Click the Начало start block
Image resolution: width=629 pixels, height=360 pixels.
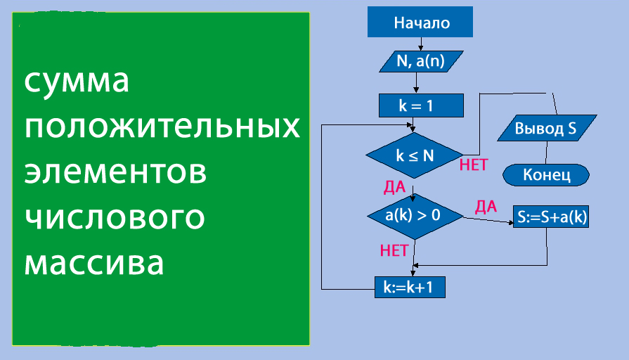click(420, 23)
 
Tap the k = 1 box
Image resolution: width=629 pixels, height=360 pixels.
click(420, 106)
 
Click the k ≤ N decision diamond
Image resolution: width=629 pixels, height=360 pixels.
click(414, 156)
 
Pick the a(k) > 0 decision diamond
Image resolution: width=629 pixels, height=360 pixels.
click(414, 215)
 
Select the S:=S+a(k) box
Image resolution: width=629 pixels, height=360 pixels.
click(551, 218)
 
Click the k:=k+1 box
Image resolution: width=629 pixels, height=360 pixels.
click(410, 287)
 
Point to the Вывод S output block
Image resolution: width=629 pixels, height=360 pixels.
click(546, 129)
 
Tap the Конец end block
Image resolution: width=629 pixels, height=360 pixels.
click(546, 174)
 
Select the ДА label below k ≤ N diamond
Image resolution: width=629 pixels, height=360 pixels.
click(394, 187)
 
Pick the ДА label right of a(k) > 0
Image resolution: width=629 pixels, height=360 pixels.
click(486, 207)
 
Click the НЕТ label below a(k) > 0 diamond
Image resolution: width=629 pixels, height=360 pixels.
click(394, 250)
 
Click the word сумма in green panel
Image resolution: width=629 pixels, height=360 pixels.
click(77, 82)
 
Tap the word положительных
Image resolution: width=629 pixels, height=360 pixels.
click(162, 127)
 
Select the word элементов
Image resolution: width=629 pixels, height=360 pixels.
click(116, 173)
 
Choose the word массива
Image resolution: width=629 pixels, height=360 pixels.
click(95, 264)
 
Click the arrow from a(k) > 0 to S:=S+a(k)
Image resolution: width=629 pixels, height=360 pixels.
click(488, 220)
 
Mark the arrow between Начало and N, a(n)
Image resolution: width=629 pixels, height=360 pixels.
click(420, 44)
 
